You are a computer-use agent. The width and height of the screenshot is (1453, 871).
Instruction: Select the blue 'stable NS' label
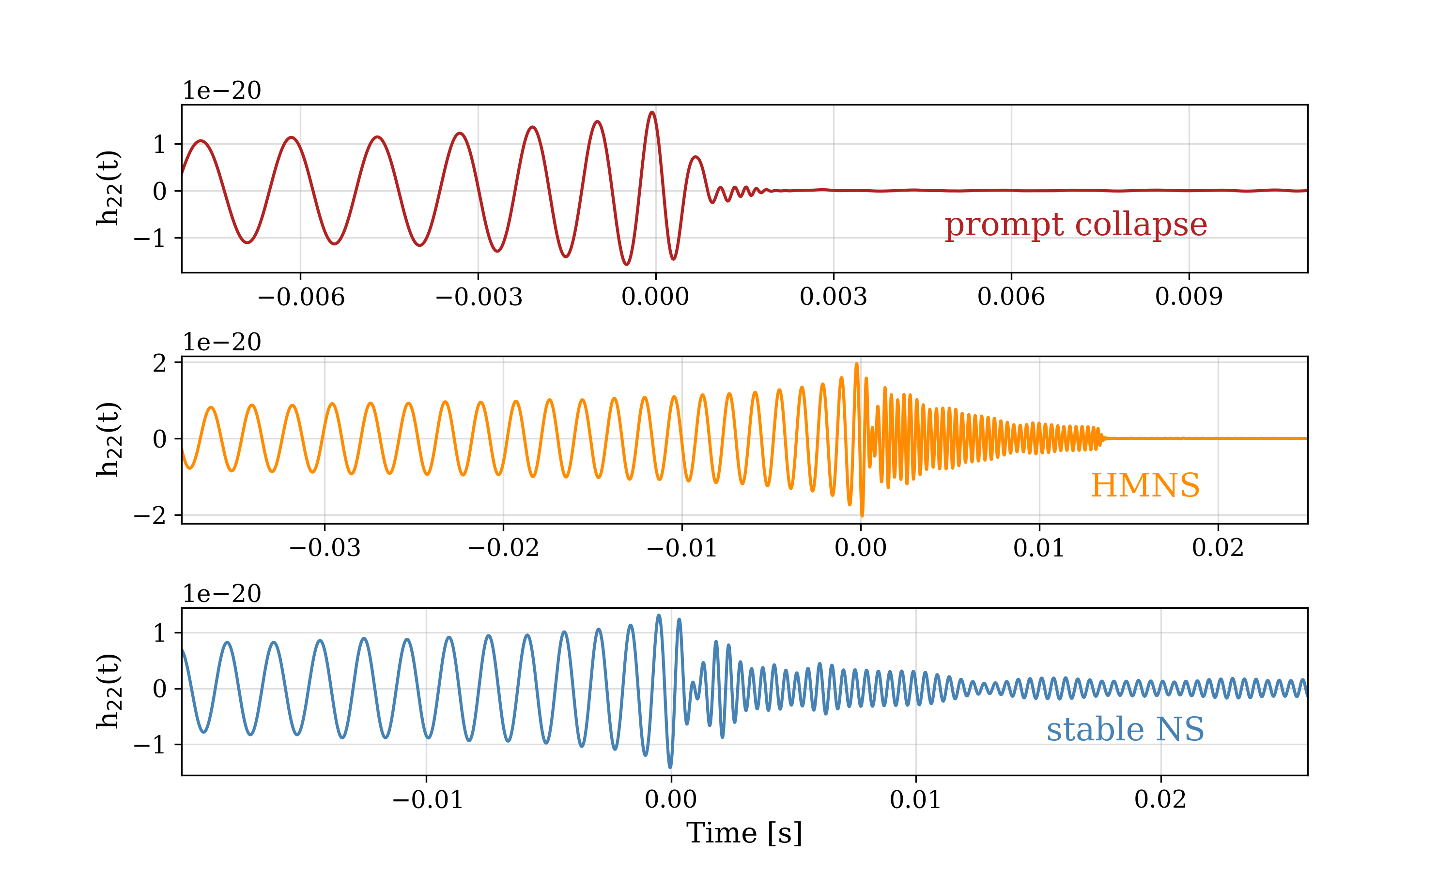(1125, 730)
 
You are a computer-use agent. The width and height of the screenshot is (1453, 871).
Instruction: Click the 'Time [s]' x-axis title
(744, 833)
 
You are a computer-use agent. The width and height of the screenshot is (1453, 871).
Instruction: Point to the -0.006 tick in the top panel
(301, 297)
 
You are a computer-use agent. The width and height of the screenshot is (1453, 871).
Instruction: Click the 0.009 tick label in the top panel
(1189, 297)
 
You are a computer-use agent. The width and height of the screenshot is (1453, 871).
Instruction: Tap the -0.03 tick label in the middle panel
(325, 548)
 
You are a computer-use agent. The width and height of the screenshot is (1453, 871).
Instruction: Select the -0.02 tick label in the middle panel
(503, 548)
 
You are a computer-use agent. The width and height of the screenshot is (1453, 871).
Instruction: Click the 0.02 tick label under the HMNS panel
(1218, 548)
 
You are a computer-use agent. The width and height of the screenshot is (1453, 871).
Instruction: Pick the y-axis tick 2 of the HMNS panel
(160, 363)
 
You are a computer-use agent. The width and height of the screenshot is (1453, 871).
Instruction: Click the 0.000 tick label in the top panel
(655, 297)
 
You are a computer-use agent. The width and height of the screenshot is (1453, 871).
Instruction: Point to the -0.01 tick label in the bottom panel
(427, 799)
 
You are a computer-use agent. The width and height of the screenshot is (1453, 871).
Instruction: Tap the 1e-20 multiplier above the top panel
(221, 91)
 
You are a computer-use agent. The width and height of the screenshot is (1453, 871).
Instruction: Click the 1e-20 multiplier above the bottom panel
(221, 594)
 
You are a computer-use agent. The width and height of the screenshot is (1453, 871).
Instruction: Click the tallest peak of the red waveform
(652, 113)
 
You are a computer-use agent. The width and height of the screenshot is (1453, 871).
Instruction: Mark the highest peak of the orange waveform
(856, 364)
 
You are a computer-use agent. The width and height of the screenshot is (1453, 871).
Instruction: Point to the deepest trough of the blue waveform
(670, 766)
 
